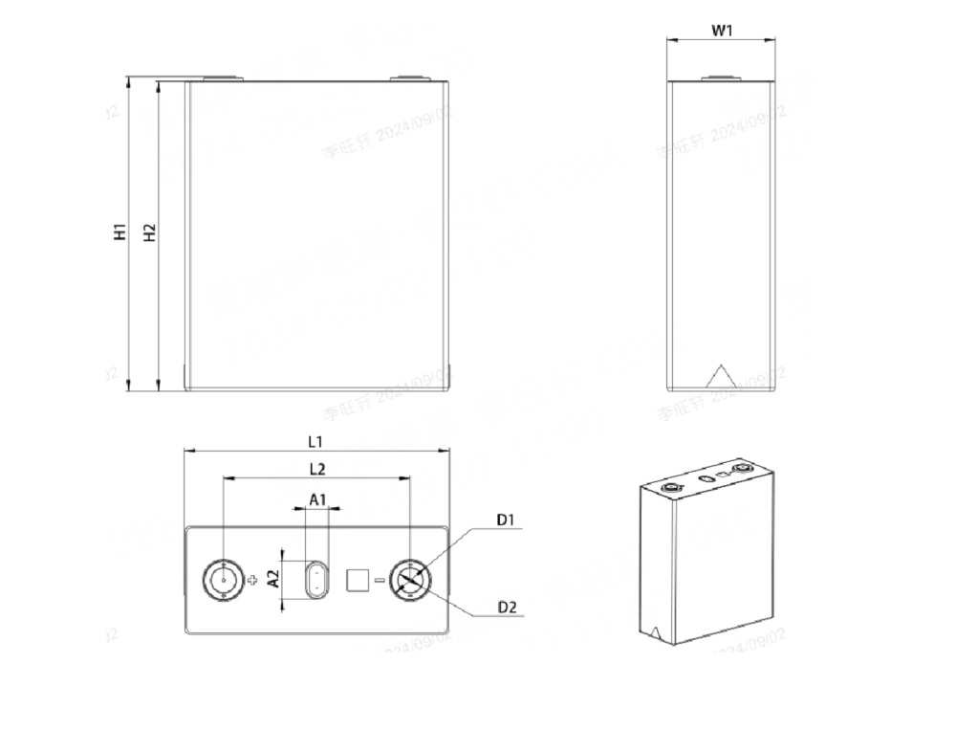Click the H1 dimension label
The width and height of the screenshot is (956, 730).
coord(119,232)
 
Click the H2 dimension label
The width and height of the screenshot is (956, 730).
coord(148,232)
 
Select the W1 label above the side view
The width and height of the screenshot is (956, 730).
coord(722,30)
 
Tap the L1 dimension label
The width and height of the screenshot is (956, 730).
coord(315,441)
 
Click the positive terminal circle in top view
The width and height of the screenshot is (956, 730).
coord(223,580)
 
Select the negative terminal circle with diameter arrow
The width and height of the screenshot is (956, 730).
coord(410,580)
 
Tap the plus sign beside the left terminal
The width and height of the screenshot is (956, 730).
coord(252,581)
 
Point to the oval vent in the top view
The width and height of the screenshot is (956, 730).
coord(315,580)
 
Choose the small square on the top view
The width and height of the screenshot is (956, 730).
coord(357,580)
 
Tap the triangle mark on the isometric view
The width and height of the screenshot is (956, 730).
coord(656,632)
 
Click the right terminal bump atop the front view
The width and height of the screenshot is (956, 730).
coord(408,78)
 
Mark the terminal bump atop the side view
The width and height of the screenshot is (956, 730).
coord(721,78)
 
